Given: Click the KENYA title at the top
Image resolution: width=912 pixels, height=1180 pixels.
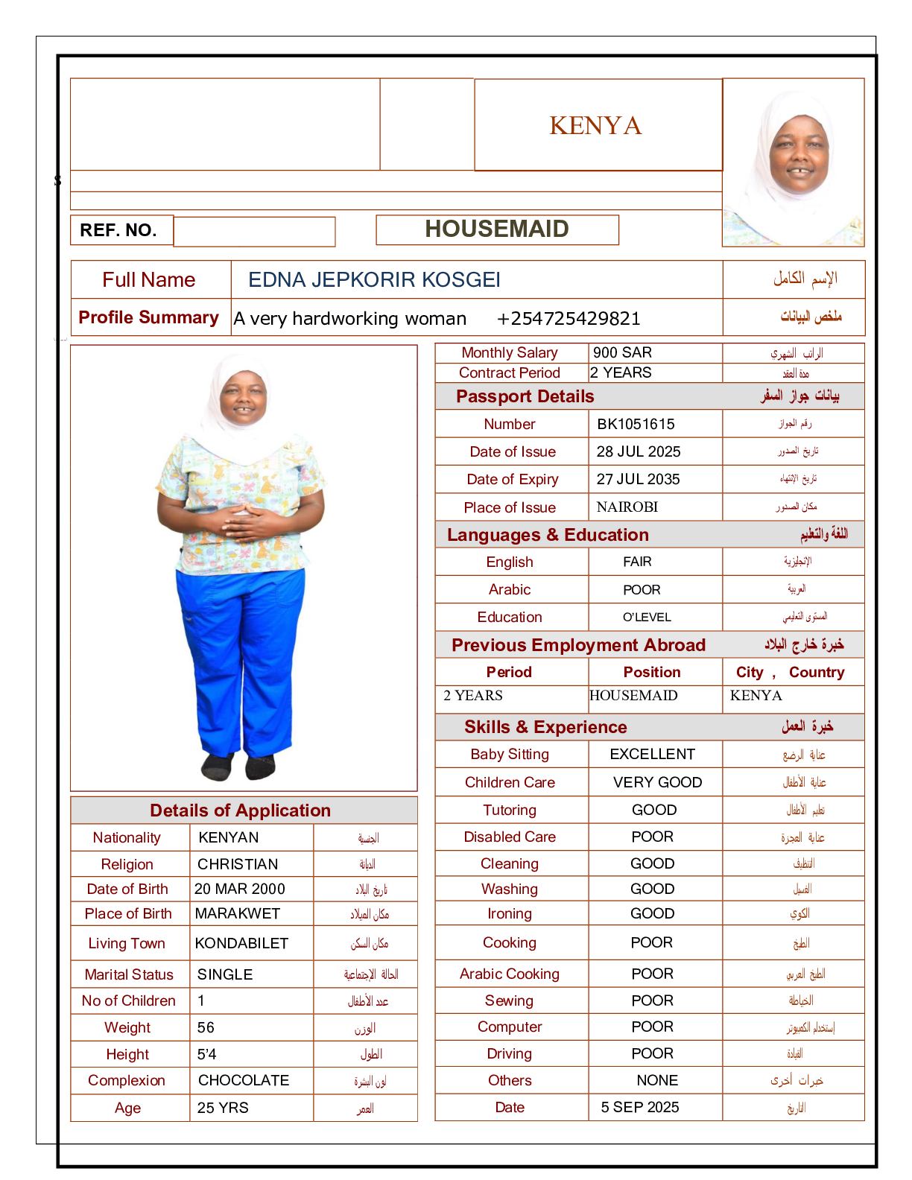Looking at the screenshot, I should (x=595, y=125).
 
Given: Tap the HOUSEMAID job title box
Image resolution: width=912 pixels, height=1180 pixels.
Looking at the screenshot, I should (x=497, y=229).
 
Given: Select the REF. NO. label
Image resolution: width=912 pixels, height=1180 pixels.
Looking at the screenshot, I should (x=118, y=230).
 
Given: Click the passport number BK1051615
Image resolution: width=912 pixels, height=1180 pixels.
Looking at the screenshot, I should (x=636, y=424).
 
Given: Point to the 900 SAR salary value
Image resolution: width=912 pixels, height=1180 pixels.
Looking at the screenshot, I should (x=622, y=352).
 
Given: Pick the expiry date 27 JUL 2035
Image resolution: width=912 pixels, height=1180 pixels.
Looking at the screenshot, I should (x=638, y=479).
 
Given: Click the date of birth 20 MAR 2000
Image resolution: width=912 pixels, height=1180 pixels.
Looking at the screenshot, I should (x=239, y=889).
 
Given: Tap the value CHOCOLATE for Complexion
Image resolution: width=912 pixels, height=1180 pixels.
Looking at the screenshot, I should (x=243, y=1080).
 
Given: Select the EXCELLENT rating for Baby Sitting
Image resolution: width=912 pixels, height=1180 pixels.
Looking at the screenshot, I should (x=652, y=754).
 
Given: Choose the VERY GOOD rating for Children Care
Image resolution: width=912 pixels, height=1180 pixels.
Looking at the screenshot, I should (x=657, y=782).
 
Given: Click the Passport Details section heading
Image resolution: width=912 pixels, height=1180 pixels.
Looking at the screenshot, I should (x=525, y=396).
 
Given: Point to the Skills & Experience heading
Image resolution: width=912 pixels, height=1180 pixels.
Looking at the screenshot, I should (x=545, y=727).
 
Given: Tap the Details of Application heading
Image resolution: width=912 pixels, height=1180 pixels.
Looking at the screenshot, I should (x=240, y=811).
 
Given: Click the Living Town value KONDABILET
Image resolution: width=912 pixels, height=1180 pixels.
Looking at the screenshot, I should (x=241, y=943).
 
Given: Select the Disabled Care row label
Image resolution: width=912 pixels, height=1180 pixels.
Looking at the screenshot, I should (x=510, y=837).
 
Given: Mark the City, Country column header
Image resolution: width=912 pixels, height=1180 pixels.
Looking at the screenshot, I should (x=790, y=672).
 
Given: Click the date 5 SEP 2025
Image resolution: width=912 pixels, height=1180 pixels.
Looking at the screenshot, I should (x=639, y=1107).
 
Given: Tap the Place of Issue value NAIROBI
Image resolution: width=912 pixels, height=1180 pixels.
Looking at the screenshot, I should (x=627, y=507).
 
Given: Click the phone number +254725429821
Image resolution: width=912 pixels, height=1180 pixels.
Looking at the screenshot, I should (x=568, y=319).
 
